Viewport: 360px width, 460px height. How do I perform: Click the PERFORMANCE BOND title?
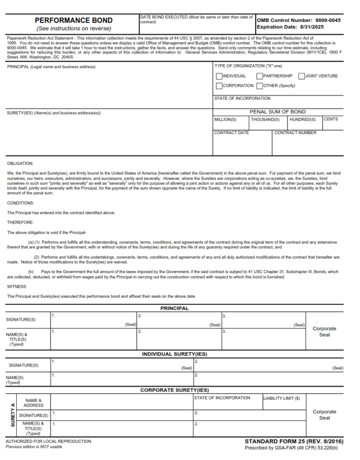click(74, 20)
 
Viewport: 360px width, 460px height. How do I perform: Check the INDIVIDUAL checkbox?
click(219, 76)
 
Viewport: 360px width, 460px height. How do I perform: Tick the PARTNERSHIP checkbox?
click(259, 76)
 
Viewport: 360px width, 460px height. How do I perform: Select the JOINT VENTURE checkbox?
click(301, 76)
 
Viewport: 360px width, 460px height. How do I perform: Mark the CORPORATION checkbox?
click(219, 86)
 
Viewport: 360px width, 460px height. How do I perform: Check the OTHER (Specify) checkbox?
click(259, 86)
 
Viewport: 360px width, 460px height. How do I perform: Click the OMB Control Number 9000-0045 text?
click(299, 20)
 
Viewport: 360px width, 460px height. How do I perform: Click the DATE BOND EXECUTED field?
click(196, 27)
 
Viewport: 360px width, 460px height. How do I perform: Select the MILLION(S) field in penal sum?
click(230, 125)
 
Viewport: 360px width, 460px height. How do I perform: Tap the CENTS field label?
click(331, 119)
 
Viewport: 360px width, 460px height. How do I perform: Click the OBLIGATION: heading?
click(20, 164)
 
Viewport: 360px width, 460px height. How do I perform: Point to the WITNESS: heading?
click(17, 286)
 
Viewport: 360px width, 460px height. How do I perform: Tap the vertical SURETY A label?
click(12, 416)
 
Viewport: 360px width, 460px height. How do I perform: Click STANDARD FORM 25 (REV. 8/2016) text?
click(294, 442)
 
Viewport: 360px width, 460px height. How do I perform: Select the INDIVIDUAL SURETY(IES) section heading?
click(175, 354)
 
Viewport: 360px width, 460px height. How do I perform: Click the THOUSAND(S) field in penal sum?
click(268, 125)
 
